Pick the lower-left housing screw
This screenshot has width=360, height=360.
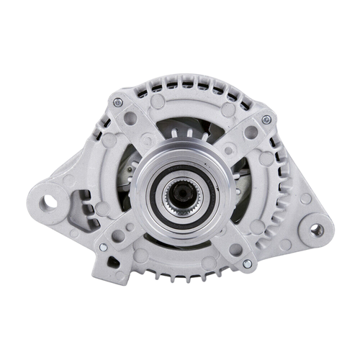point(102,247)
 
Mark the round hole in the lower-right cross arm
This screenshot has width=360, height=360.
point(235,249)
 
